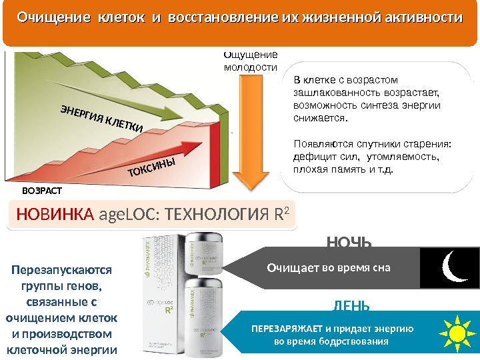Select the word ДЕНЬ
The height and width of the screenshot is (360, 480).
[x=350, y=306]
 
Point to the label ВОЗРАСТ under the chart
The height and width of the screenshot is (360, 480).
[x=41, y=191]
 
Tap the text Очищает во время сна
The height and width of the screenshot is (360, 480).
[x=328, y=268]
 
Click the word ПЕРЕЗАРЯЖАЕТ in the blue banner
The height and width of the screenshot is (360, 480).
[x=288, y=329]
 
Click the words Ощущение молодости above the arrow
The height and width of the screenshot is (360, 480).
[x=250, y=61]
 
